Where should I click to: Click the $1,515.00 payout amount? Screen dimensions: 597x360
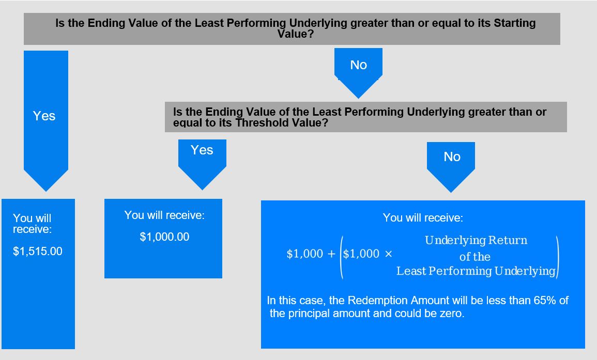click(x=38, y=251)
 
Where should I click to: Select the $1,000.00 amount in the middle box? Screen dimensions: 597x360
click(x=164, y=237)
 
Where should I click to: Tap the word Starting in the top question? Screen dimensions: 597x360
click(x=515, y=23)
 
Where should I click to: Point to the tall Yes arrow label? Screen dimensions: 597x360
click(x=44, y=116)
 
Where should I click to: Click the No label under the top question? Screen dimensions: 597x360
click(x=358, y=65)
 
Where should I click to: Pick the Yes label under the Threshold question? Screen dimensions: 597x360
click(x=202, y=150)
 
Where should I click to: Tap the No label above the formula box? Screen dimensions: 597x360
click(x=452, y=156)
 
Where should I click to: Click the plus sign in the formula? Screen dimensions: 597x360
click(x=331, y=254)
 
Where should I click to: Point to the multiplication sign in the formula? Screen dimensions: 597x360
click(x=388, y=254)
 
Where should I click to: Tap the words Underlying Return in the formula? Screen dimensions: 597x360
click(x=476, y=240)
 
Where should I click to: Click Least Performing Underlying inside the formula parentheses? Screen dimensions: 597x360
click(x=476, y=271)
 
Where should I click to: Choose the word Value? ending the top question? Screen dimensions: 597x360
click(x=296, y=34)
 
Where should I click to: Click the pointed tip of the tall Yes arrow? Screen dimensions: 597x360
click(x=46, y=191)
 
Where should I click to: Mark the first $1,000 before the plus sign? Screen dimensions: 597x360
click(x=304, y=254)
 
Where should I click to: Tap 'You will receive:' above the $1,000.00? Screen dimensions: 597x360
click(x=164, y=215)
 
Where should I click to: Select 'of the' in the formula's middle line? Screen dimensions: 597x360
click(x=475, y=257)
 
